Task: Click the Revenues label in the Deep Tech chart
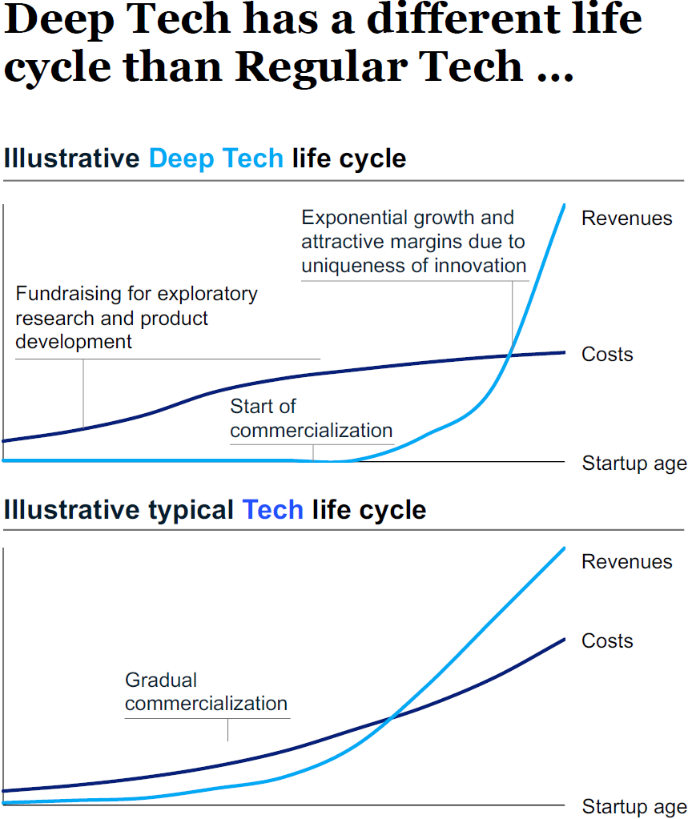coord(626,219)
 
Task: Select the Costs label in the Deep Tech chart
coord(607,354)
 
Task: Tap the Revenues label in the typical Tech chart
coord(626,561)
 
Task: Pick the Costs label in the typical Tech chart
coord(607,641)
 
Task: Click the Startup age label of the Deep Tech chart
coord(634,464)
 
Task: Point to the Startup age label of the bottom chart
coord(634,807)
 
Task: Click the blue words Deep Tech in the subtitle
coord(216,159)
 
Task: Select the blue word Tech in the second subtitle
coord(272,510)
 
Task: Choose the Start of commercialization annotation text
coord(312,419)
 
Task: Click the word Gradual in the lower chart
coord(161,680)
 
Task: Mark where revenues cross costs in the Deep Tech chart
coord(509,355)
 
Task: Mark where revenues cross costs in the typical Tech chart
coord(391,719)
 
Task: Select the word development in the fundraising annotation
coord(74,342)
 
